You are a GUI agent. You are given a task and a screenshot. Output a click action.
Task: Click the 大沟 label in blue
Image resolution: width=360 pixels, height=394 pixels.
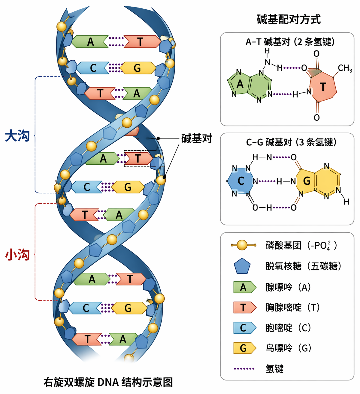pos(17,136)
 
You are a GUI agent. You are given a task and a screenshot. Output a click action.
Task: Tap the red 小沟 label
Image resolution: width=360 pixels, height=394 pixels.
pos(17,255)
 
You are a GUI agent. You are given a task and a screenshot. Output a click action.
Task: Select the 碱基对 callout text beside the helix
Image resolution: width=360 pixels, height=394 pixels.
pos(197,138)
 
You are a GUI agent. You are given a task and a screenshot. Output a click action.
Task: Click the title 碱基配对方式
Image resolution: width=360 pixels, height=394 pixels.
pos(289,20)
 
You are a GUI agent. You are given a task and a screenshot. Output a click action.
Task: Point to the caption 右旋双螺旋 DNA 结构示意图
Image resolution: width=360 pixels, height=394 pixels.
pos(108,382)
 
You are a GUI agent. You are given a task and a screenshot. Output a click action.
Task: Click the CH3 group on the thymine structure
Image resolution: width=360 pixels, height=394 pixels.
pos(345,68)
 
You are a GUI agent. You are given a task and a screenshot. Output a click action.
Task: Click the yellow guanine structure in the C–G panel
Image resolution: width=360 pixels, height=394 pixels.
pos(318,181)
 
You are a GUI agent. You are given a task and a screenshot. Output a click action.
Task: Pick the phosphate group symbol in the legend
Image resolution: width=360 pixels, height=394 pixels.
pos(244,245)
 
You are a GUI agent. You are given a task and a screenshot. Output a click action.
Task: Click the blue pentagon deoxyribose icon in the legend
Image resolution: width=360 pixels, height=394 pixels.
pos(242,266)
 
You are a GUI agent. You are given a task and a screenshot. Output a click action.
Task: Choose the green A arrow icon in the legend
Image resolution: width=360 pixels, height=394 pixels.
pos(244,287)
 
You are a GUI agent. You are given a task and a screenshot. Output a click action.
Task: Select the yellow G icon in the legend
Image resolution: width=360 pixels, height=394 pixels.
pos(244,348)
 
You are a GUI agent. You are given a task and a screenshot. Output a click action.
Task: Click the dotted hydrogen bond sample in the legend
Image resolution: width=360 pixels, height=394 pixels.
pos(244,368)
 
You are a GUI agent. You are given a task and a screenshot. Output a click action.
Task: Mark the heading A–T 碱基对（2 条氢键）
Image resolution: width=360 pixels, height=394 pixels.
pos(290,42)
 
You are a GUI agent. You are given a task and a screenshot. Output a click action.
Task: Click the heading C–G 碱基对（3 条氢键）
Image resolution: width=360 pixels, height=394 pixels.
pos(291,142)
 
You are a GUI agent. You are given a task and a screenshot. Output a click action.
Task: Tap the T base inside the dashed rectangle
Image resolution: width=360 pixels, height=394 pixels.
pos(138,159)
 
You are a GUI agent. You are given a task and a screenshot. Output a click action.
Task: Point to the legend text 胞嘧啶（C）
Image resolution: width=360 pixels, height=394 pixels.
pos(288,328)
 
